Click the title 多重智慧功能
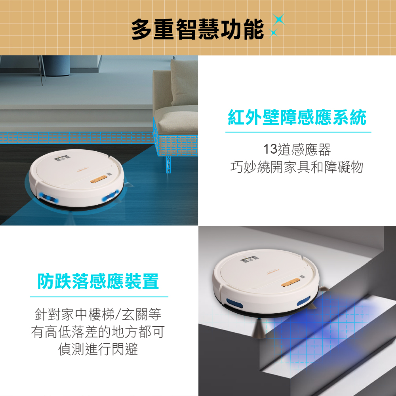pyautogui.click(x=198, y=29)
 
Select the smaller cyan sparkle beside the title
pyautogui.click(x=273, y=32)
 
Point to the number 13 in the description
pyautogui.click(x=270, y=149)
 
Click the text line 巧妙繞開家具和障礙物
pyautogui.click(x=297, y=167)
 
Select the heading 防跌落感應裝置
pyautogui.click(x=98, y=281)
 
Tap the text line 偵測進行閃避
pyautogui.click(x=98, y=349)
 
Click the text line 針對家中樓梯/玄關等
pyautogui.click(x=98, y=314)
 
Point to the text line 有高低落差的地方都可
pyautogui.click(x=98, y=331)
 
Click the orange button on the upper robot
pyautogui.click(x=99, y=179)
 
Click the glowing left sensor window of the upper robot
pyautogui.click(x=48, y=197)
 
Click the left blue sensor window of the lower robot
pyautogui.click(x=234, y=303)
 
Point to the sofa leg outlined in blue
pyautogui.click(x=168, y=164)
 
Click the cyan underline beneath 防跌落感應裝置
pyautogui.click(x=99, y=297)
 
